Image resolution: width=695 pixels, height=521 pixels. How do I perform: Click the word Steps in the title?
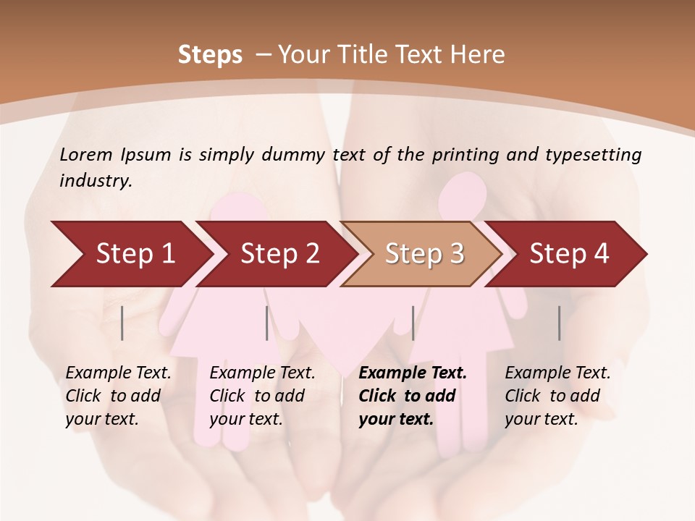pyautogui.click(x=210, y=55)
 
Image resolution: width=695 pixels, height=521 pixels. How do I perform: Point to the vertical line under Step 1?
pyautogui.click(x=122, y=323)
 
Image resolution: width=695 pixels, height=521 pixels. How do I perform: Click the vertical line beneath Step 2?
pyautogui.click(x=267, y=323)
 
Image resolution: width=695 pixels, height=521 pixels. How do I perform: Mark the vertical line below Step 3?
pyautogui.click(x=413, y=323)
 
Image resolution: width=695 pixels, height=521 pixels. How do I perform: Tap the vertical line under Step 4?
pyautogui.click(x=560, y=323)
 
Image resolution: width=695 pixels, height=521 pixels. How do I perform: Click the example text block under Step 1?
pyautogui.click(x=118, y=396)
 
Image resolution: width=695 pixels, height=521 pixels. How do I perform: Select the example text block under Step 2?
pyautogui.click(x=262, y=396)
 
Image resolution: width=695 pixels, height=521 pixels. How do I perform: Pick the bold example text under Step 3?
pyautogui.click(x=413, y=396)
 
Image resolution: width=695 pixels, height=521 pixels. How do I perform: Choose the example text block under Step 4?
pyautogui.click(x=557, y=396)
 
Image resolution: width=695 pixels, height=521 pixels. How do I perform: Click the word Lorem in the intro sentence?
pyautogui.click(x=86, y=154)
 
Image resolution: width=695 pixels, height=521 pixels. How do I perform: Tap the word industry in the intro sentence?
pyautogui.click(x=95, y=181)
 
